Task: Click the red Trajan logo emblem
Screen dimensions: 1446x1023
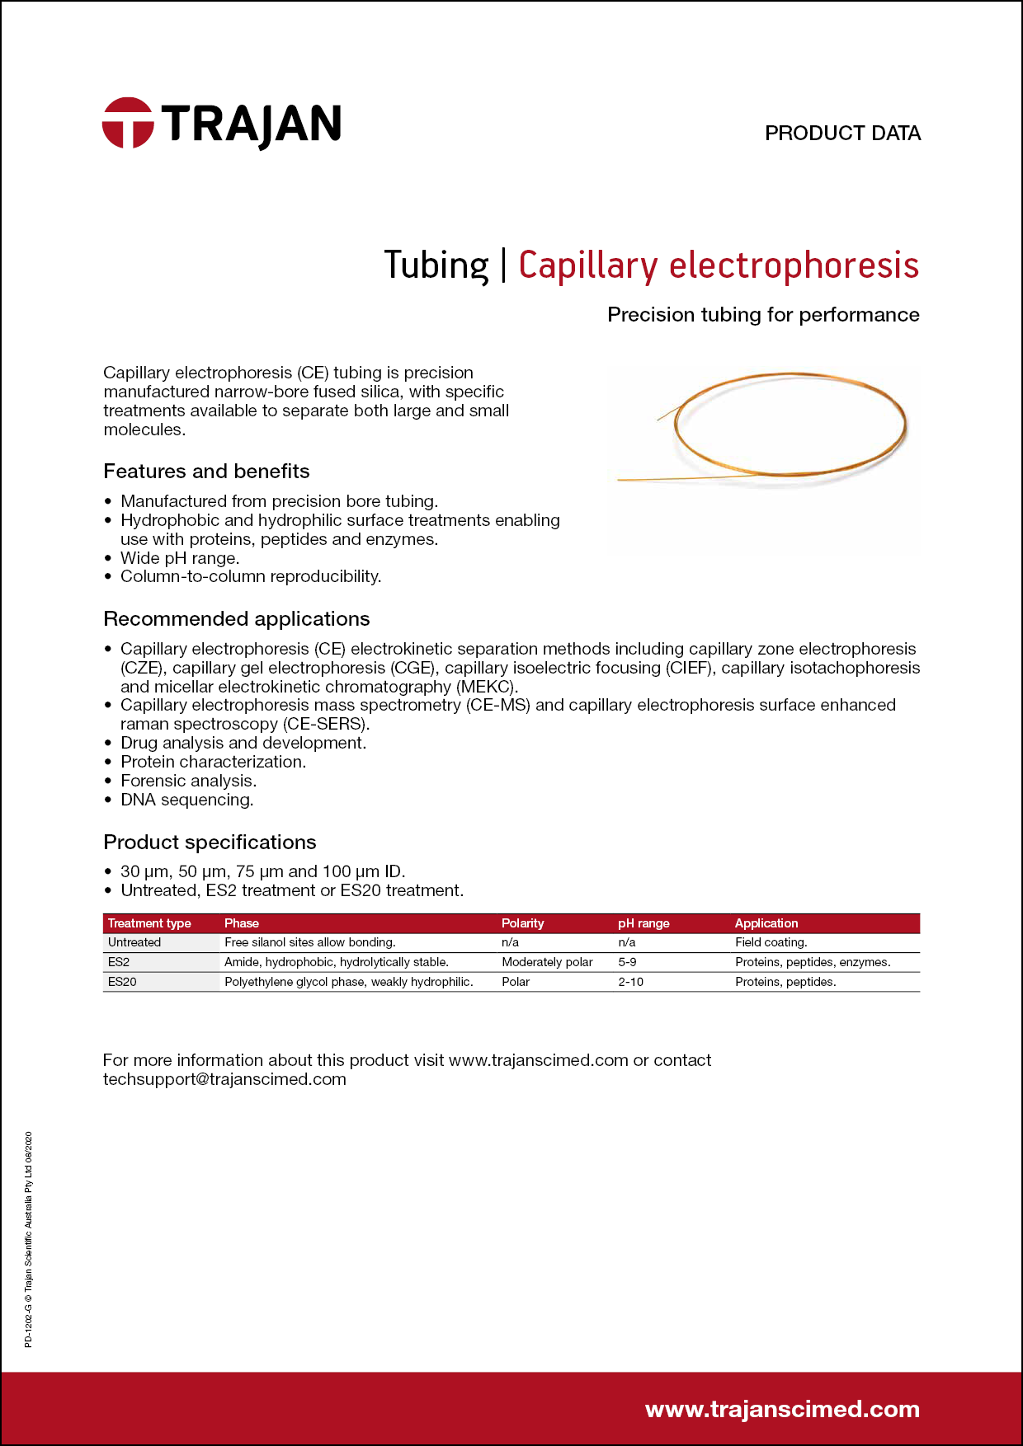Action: [x=128, y=124]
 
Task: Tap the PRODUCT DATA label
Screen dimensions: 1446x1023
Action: [x=842, y=134]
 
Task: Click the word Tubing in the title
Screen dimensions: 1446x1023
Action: [x=436, y=265]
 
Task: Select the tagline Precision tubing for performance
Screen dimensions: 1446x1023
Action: [x=763, y=315]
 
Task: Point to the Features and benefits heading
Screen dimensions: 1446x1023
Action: [x=206, y=472]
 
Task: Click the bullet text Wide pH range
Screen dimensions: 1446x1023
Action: [x=180, y=558]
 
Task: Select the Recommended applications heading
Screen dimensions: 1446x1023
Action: [x=237, y=619]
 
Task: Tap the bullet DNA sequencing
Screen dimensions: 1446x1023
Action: [x=187, y=800]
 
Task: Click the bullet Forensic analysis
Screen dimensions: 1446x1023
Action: [x=188, y=781]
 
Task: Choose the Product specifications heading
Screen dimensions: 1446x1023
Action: [x=210, y=843]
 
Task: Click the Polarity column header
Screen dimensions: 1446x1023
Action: [x=523, y=923]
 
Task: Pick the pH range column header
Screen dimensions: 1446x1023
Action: [x=643, y=923]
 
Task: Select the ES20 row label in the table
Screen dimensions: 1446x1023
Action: [x=122, y=982]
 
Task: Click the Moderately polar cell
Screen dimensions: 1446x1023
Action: [x=547, y=962]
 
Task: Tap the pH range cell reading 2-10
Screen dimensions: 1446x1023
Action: [x=631, y=982]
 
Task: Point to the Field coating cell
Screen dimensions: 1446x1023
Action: [x=771, y=942]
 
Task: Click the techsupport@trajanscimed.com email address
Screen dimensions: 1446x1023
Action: [x=224, y=1079]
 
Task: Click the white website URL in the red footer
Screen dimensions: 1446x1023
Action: [x=782, y=1410]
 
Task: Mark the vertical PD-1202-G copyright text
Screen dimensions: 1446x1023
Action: [x=29, y=1240]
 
